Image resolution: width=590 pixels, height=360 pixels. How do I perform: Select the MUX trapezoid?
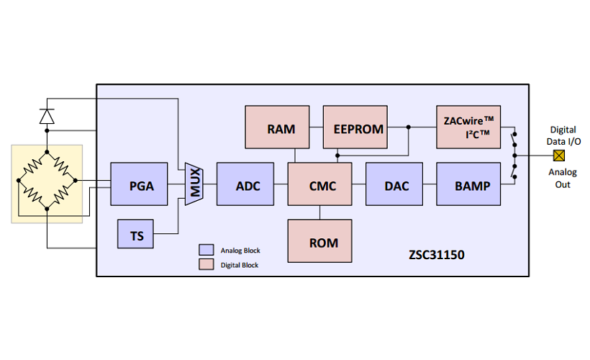(194, 184)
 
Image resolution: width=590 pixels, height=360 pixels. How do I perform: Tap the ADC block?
(248, 186)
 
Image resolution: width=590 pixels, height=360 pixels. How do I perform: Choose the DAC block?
(396, 186)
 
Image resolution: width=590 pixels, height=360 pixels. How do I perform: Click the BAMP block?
(472, 186)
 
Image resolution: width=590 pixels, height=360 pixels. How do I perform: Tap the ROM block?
(323, 242)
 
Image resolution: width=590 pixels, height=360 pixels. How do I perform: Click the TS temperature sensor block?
(137, 235)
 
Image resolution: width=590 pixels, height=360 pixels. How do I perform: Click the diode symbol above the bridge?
(47, 116)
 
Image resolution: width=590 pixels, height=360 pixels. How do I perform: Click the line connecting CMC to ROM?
(320, 212)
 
